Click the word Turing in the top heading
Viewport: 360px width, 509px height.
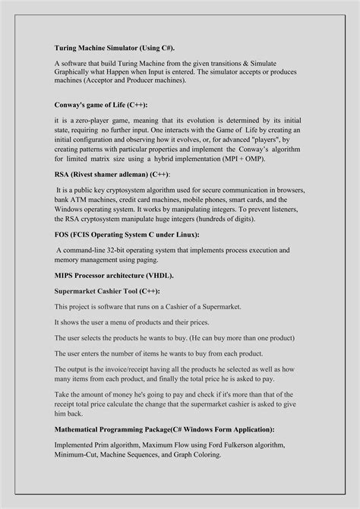tap(66, 46)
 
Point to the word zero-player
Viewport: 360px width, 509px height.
tap(97, 121)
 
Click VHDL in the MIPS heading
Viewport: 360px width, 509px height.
tap(175, 277)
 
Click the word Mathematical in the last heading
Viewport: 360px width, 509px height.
tap(82, 429)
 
